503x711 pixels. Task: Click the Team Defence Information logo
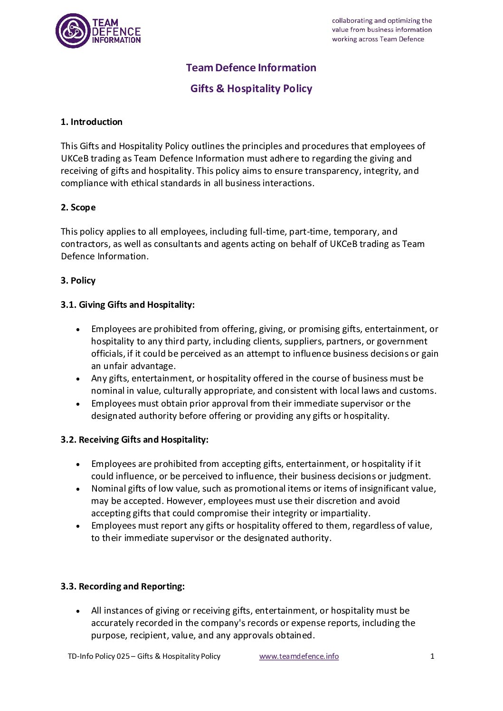click(x=98, y=31)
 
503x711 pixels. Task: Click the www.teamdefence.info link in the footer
click(x=299, y=656)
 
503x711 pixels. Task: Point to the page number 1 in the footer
click(x=432, y=656)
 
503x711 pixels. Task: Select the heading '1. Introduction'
click(x=91, y=122)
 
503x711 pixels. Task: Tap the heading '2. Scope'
click(x=78, y=207)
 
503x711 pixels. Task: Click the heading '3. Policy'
click(x=78, y=280)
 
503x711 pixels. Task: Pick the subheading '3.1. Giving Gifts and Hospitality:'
click(x=127, y=304)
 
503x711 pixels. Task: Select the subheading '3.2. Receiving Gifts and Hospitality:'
click(x=134, y=439)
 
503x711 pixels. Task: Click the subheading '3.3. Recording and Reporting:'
click(x=123, y=586)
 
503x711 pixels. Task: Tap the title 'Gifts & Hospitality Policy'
click(x=251, y=88)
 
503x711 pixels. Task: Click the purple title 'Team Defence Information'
click(x=251, y=67)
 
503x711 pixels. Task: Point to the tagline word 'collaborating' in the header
click(x=352, y=20)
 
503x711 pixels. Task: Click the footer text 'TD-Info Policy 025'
click(x=99, y=656)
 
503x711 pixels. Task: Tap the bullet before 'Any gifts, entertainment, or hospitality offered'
click(x=78, y=379)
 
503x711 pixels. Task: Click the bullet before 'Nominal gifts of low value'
click(x=78, y=489)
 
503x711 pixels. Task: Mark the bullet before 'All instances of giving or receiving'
click(x=78, y=611)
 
